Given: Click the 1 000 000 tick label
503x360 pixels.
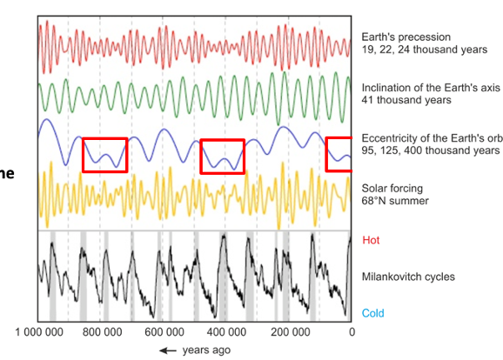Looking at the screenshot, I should click(41, 332).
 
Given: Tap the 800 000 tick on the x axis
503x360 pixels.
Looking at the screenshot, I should click(105, 332).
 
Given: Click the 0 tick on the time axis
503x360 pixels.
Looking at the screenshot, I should click(352, 332).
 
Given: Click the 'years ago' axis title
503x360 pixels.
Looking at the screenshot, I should click(206, 350).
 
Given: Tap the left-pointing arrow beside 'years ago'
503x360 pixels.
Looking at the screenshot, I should click(167, 350).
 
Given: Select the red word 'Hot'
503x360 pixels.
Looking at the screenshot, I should click(370, 240).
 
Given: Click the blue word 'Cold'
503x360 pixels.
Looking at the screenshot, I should click(372, 313).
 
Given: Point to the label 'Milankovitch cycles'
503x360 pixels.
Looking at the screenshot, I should click(408, 277).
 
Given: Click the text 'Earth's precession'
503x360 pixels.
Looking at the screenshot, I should click(406, 37).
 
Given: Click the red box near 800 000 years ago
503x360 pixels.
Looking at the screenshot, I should click(104, 155).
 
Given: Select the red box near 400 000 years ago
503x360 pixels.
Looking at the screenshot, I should click(222, 156).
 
